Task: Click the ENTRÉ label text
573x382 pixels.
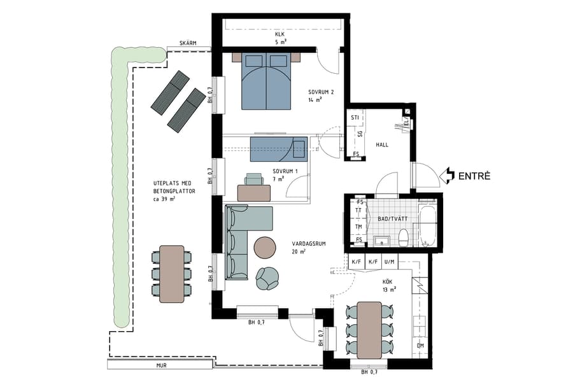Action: tap(474, 176)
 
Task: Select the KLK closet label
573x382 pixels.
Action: tap(280, 38)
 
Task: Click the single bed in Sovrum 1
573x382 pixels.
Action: tap(278, 149)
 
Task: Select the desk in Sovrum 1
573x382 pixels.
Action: tap(253, 192)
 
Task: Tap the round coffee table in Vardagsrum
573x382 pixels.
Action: tap(265, 247)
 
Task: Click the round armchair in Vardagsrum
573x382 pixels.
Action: tap(267, 277)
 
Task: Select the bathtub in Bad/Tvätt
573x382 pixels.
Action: tap(427, 225)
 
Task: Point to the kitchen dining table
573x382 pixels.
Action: tap(369, 330)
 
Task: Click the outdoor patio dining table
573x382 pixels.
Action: tap(171, 274)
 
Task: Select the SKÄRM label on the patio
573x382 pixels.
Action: tap(187, 43)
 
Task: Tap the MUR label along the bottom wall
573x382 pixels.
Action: tap(162, 366)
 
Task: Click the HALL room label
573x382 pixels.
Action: tap(382, 145)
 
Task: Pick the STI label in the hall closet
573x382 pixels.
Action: tap(355, 118)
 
